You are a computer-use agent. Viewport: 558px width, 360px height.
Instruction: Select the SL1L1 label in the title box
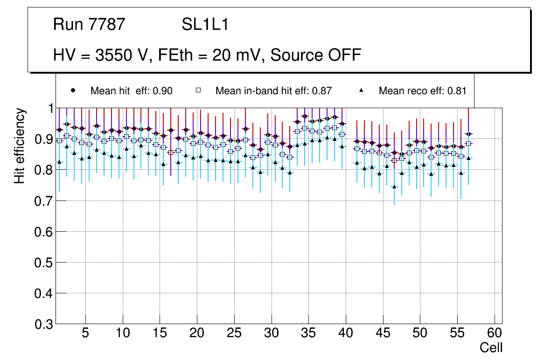click(x=205, y=25)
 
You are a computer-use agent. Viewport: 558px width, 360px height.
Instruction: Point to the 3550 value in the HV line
click(x=113, y=55)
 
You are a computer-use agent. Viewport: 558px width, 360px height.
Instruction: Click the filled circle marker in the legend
click(x=72, y=90)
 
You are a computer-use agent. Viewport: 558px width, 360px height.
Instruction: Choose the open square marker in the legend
click(x=198, y=90)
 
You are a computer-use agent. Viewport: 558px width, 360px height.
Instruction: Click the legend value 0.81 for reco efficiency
click(x=457, y=91)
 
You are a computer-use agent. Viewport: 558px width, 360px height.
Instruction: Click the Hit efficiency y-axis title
click(x=20, y=146)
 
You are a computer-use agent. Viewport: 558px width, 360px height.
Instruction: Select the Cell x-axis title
click(x=491, y=347)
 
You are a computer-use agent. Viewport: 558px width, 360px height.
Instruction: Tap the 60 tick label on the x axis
click(x=495, y=333)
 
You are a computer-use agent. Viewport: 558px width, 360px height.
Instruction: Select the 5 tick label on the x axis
click(x=85, y=333)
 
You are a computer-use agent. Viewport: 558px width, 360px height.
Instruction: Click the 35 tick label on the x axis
click(x=308, y=333)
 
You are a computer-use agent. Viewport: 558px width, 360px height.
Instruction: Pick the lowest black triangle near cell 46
click(x=394, y=187)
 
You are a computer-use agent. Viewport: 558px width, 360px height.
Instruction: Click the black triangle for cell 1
click(x=59, y=162)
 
